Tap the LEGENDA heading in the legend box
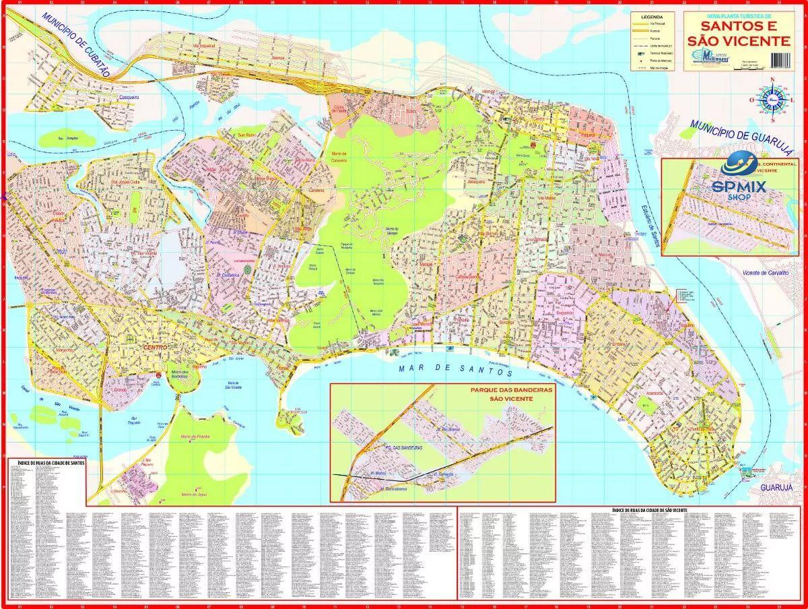(652, 15)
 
